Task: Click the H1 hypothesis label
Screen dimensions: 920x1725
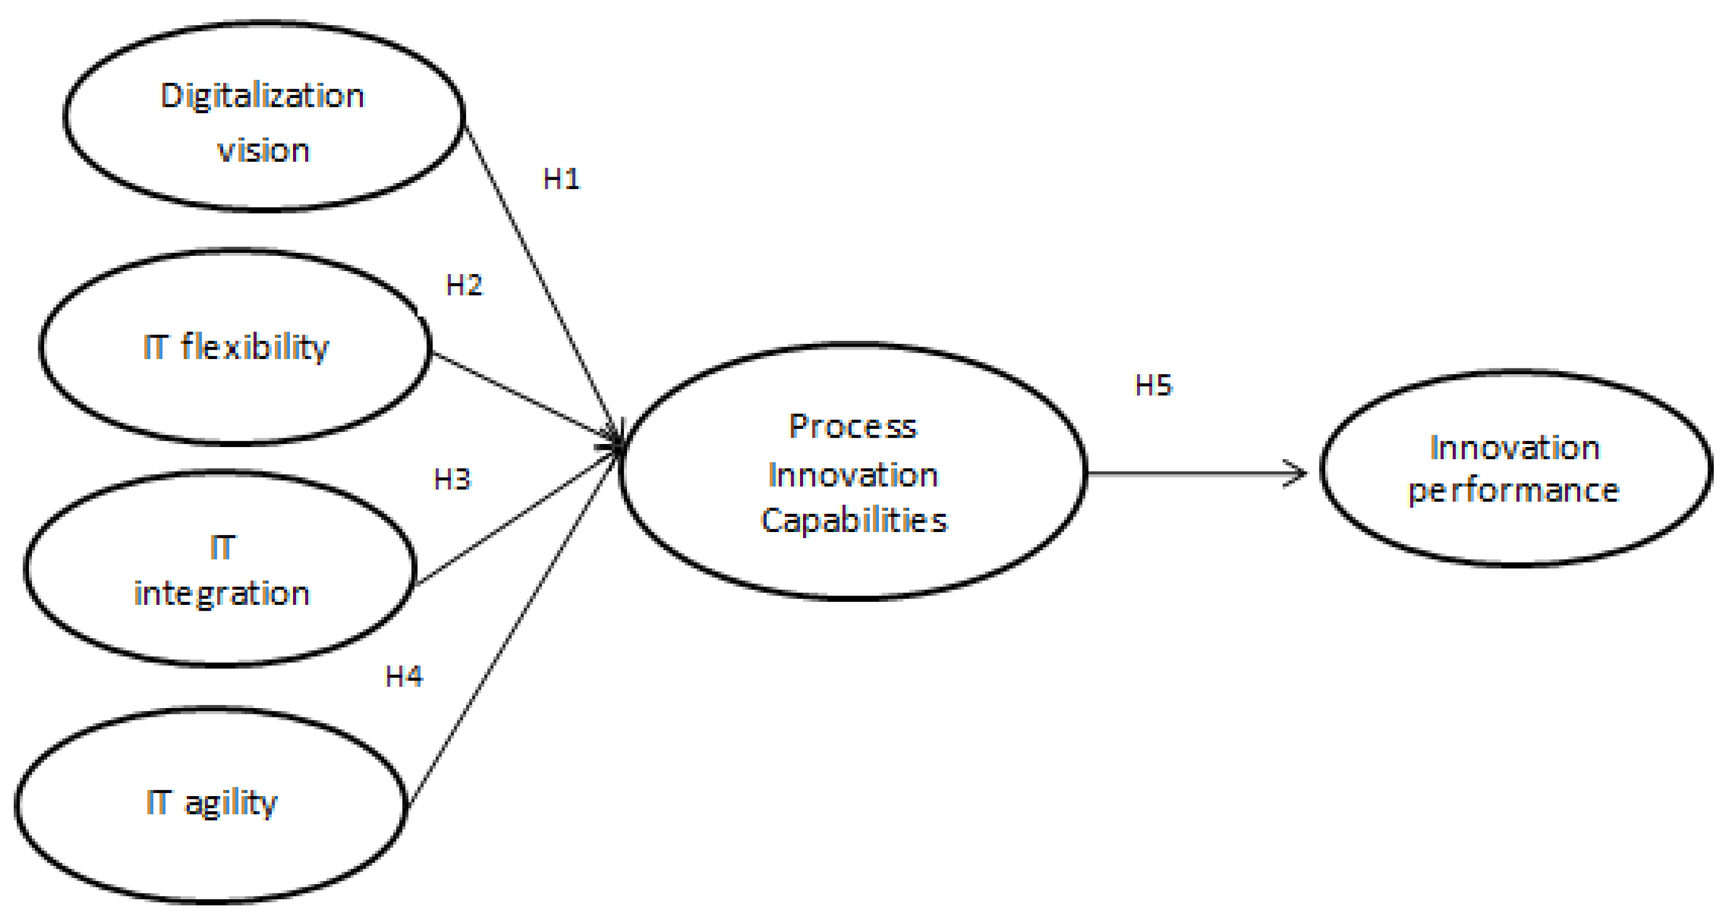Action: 561,179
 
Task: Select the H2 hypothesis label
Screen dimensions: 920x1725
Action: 464,286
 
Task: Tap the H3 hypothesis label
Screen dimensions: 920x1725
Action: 453,479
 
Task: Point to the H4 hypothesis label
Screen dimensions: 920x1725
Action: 404,677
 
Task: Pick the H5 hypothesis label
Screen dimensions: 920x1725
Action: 1154,385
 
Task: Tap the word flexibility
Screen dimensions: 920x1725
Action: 255,348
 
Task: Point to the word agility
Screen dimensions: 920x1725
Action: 231,803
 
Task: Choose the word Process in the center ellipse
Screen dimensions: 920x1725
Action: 853,427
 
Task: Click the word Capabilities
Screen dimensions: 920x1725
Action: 855,521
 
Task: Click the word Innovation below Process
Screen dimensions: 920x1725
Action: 853,475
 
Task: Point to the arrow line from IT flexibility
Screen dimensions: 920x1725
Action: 523,396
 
